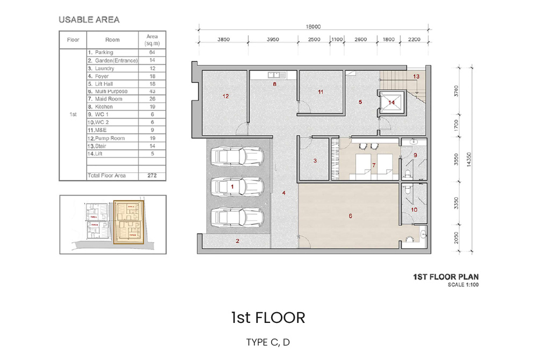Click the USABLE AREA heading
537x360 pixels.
click(89, 20)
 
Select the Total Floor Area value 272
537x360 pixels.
click(152, 176)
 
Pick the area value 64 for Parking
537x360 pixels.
click(152, 53)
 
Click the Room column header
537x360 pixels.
click(113, 40)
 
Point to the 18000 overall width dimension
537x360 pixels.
click(313, 26)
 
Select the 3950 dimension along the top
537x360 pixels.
click(274, 39)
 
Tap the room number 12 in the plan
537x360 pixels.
click(226, 96)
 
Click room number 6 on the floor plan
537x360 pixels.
click(350, 216)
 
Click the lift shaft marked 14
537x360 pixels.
click(391, 103)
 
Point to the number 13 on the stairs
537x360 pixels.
click(416, 77)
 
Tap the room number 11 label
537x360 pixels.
click(321, 92)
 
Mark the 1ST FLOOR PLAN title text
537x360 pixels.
click(446, 277)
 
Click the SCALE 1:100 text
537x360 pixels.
click(463, 285)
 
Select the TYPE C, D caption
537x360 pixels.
click(268, 342)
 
